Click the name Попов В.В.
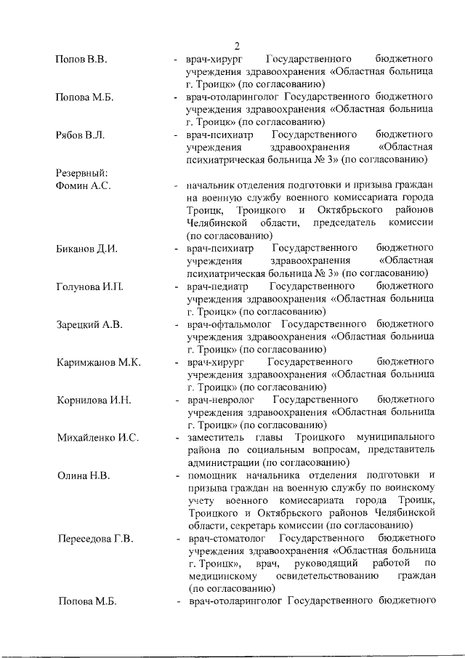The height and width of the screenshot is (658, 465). (81, 58)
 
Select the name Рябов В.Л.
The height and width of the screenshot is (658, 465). (80, 135)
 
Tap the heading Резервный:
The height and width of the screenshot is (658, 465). (81, 173)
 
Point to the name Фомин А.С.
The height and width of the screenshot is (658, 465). (83, 186)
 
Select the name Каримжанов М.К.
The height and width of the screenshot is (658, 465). (98, 362)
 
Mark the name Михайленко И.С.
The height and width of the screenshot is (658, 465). (98, 438)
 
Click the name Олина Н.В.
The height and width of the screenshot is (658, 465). (84, 476)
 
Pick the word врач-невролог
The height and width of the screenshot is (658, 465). (220, 401)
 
